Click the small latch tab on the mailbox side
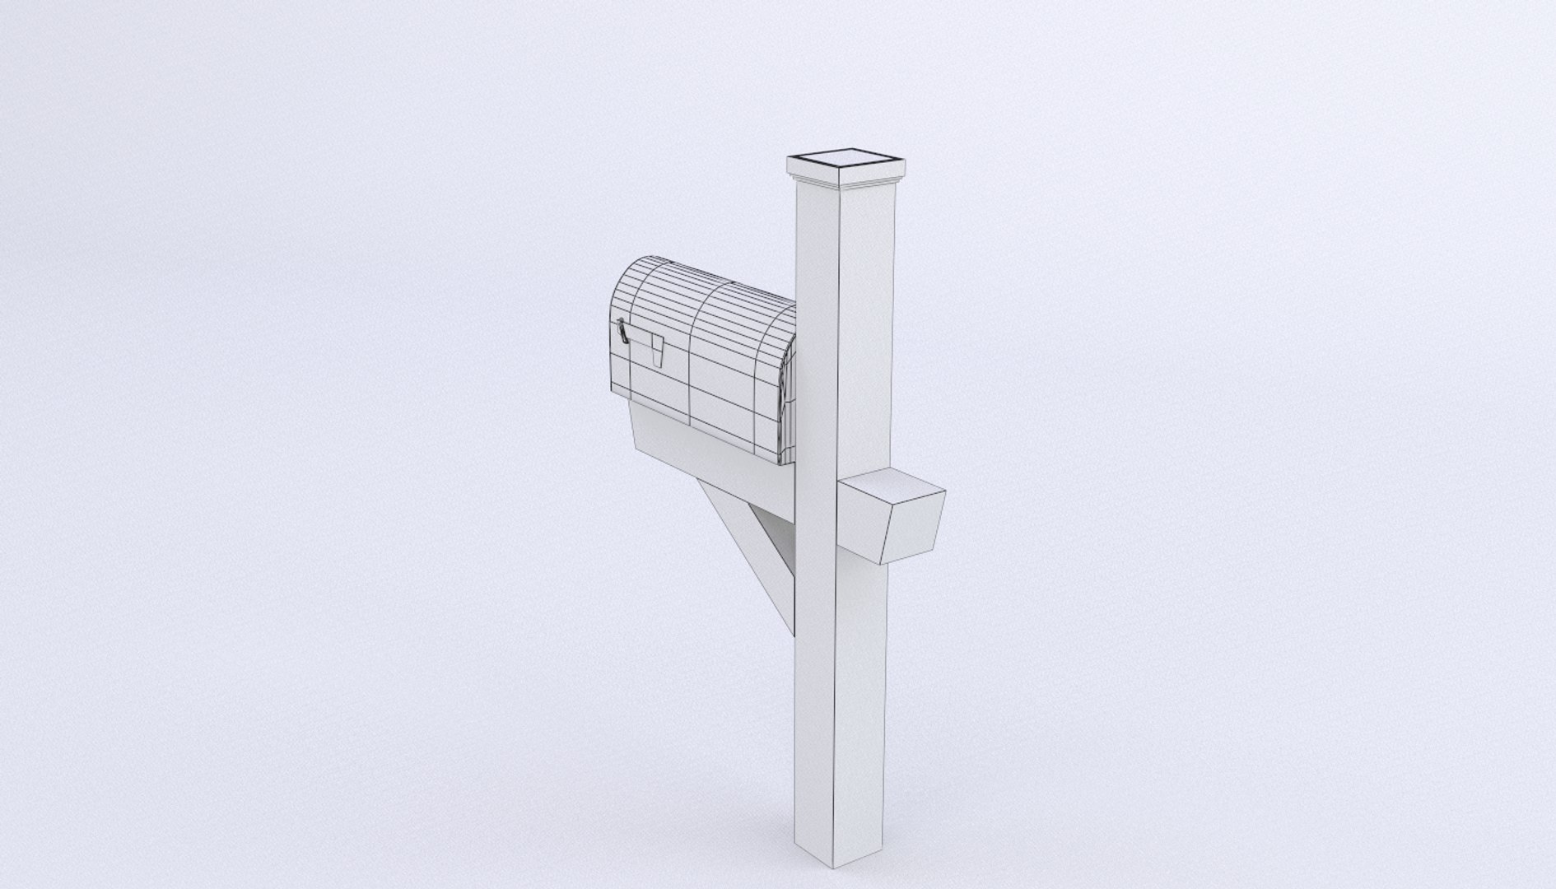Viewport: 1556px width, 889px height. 656,350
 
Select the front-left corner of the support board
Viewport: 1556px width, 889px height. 636,449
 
